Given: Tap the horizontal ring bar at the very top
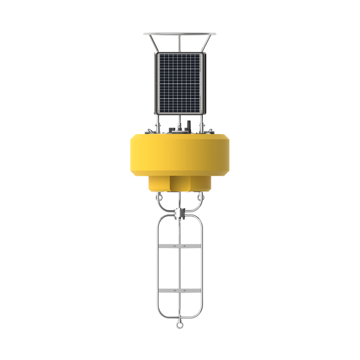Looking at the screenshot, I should tap(179, 34).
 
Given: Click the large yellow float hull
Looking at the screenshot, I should tap(179, 154).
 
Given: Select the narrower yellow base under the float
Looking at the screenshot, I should tap(179, 183).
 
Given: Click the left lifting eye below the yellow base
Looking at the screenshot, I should tap(160, 195).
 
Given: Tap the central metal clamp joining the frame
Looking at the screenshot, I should tap(179, 212).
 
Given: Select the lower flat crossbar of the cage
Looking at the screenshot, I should tap(179, 291).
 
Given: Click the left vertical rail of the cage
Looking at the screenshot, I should tap(157, 267).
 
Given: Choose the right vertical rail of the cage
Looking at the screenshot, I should tap(202, 267).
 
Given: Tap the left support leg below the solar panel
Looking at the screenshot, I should tap(158, 122).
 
